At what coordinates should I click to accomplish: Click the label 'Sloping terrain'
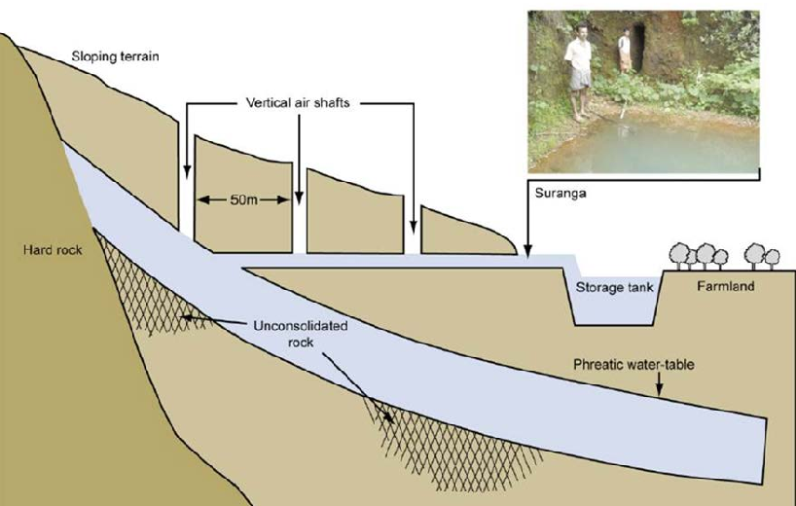[115, 56]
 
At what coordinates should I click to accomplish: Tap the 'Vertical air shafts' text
[298, 103]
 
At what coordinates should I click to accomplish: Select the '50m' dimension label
[243, 199]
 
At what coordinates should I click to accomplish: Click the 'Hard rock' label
[53, 250]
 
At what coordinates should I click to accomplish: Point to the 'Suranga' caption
[561, 194]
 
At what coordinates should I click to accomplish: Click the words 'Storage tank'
[614, 288]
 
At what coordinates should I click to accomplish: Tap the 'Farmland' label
[725, 286]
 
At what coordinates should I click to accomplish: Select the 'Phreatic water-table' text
[633, 364]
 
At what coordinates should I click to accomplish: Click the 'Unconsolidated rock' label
[301, 334]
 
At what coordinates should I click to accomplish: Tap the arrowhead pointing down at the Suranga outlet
[528, 251]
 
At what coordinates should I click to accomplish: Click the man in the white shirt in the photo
[579, 72]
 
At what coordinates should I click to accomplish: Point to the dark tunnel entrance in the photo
[637, 48]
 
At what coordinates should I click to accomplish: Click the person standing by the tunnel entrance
[624, 51]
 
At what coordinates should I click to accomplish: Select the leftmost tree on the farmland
[679, 256]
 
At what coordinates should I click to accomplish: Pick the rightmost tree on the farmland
[772, 259]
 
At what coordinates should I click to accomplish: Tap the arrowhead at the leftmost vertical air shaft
[187, 172]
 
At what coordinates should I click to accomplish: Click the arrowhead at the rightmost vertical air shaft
[414, 228]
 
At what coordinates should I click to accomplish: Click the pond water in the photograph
[655, 145]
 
